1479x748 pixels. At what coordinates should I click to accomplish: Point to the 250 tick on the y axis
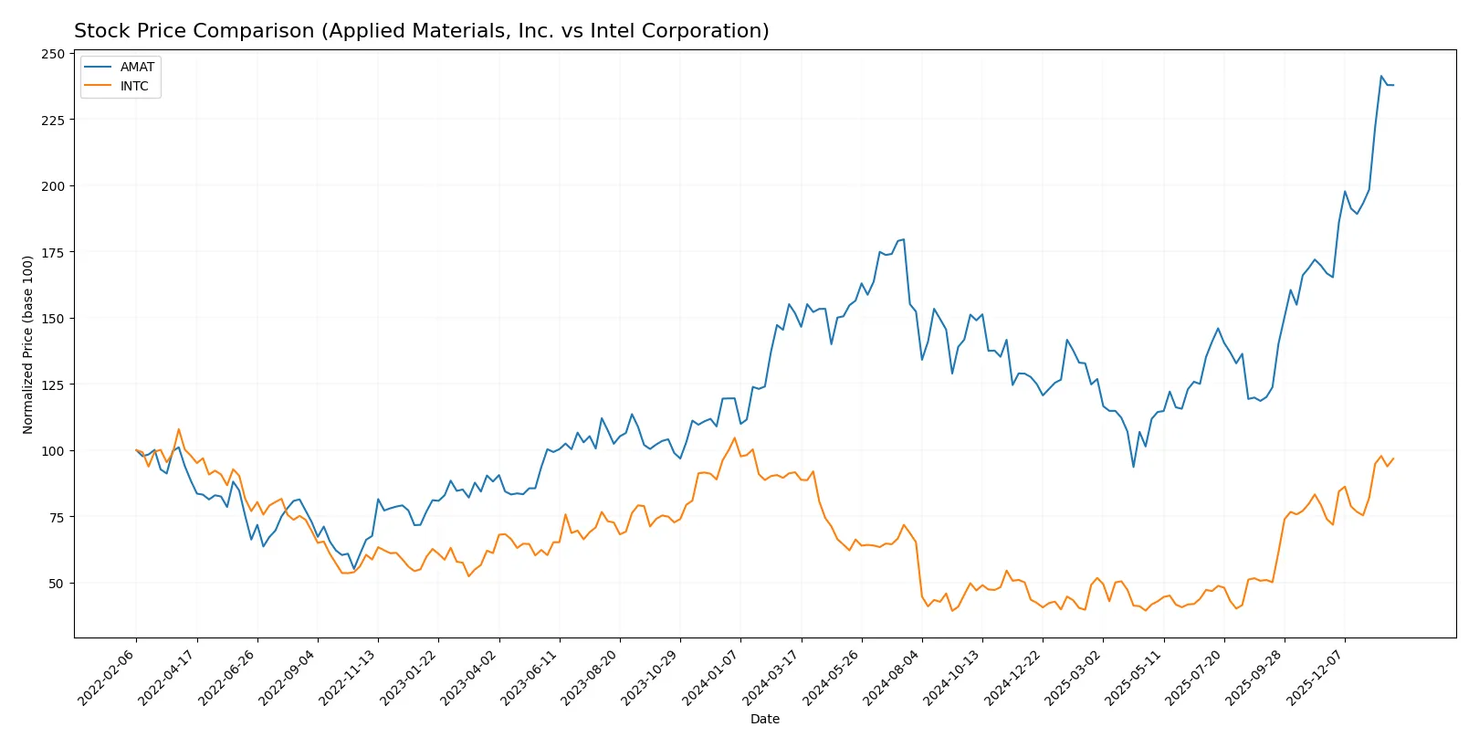[53, 54]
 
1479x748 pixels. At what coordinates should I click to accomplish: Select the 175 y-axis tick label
[53, 252]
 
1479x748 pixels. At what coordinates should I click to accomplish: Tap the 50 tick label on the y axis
[57, 583]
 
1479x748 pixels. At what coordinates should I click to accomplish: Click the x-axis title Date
[764, 719]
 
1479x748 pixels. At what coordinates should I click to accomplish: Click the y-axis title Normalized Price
[27, 344]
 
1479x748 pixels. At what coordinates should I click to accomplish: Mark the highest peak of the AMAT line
[1381, 76]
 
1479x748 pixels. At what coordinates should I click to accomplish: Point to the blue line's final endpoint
[1393, 85]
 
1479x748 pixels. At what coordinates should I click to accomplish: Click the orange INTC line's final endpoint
[1393, 458]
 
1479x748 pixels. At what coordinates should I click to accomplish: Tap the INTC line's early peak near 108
[179, 429]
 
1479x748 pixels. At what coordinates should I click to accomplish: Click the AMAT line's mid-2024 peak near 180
[903, 239]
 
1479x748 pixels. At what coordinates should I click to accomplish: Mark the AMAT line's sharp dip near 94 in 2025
[1134, 467]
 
